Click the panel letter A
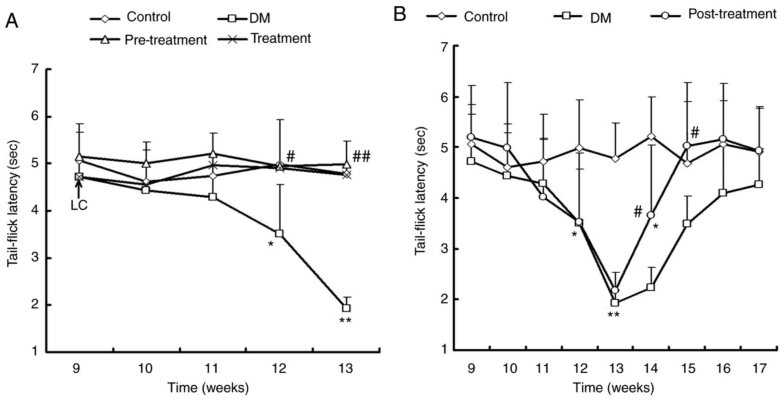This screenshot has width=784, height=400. (11, 20)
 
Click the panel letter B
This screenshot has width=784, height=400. (400, 15)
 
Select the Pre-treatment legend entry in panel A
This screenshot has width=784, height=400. (149, 40)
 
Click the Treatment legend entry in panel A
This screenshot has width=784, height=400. (264, 38)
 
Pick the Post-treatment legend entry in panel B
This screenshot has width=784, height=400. (714, 14)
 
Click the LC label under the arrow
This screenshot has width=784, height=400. (79, 205)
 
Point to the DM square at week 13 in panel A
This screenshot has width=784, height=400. (346, 307)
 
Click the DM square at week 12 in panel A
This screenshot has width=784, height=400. (280, 233)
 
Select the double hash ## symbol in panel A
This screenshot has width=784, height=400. (361, 156)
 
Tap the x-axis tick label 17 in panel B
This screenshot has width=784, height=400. (759, 368)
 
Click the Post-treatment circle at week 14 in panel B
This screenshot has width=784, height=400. (651, 215)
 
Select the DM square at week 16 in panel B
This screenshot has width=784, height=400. (723, 193)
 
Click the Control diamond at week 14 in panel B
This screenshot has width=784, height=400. (651, 137)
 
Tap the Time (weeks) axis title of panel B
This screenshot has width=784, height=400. (613, 387)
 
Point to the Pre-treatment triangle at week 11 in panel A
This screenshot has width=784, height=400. (213, 154)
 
